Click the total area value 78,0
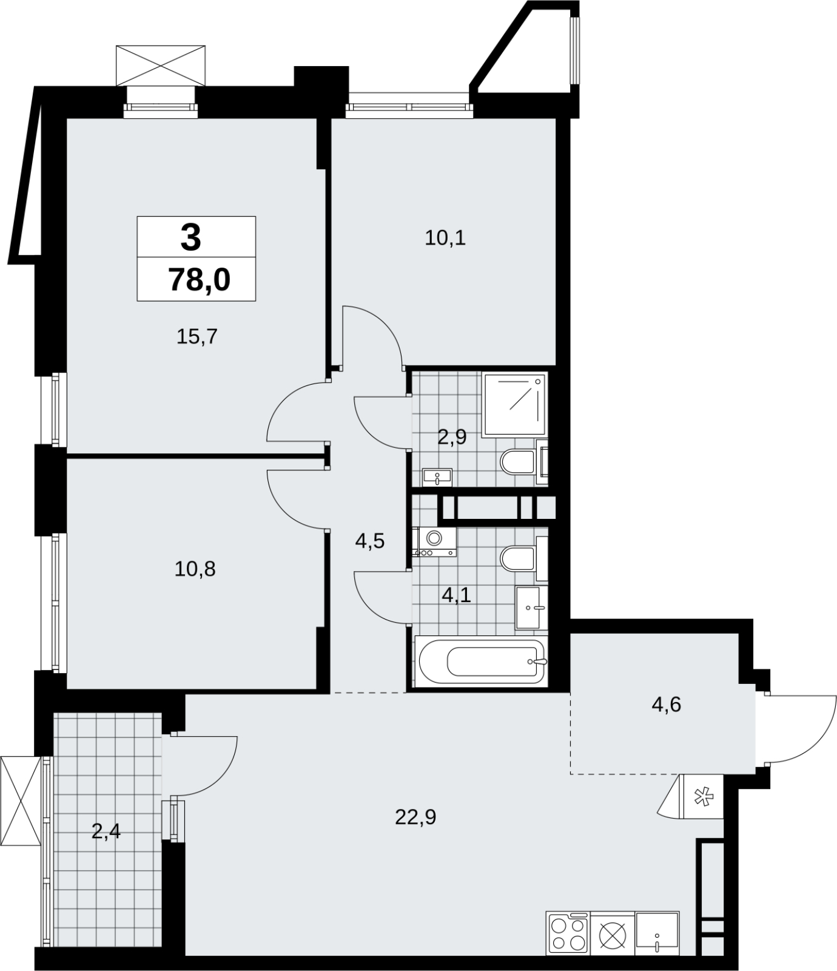tap(200, 280)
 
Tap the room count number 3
tap(190, 237)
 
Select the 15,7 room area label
tap(197, 336)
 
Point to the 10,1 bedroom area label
tap(445, 238)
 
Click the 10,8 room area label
tap(195, 569)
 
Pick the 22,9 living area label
tap(415, 817)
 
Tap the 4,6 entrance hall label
tap(667, 705)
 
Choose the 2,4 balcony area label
tap(106, 830)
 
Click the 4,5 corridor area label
tap(370, 540)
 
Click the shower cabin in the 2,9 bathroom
tap(515, 404)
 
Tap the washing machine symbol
tap(434, 541)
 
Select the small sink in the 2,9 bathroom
tap(437, 477)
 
